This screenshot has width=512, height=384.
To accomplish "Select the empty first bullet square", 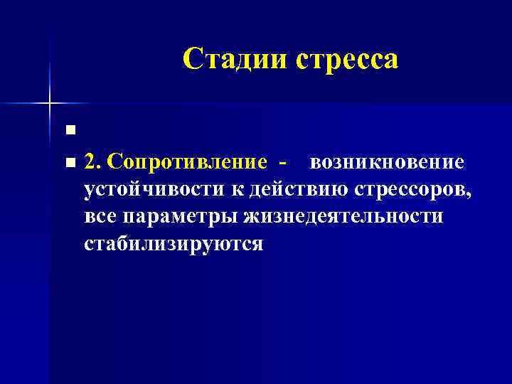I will [x=69, y=129].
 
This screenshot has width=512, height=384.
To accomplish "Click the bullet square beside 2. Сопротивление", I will [x=69, y=164].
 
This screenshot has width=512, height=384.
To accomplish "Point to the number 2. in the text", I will [x=92, y=162].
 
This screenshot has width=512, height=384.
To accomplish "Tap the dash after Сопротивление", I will [x=284, y=163].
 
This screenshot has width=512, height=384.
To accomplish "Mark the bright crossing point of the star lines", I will [x=50, y=103].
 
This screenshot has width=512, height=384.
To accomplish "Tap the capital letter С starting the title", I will [x=193, y=59].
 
